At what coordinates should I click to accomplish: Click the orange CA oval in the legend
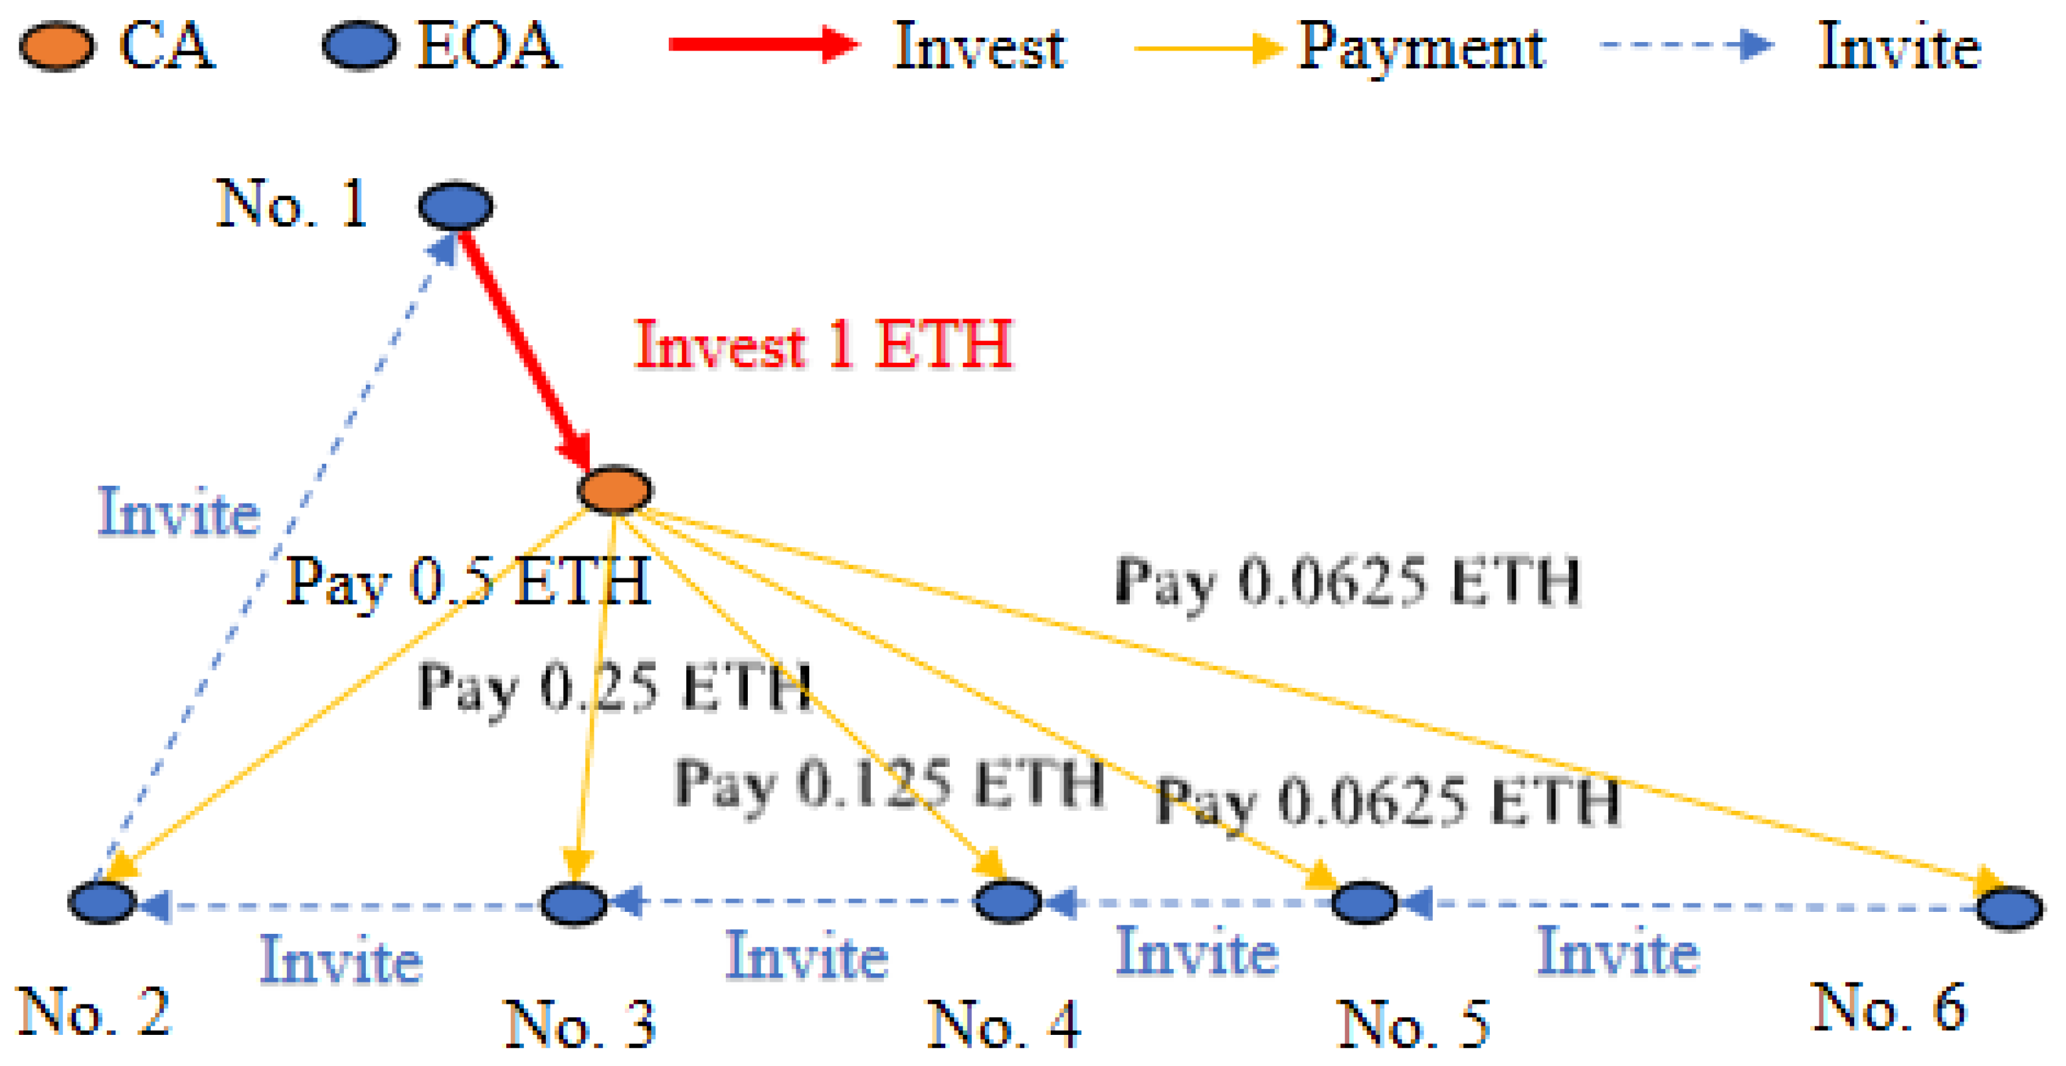click(x=57, y=47)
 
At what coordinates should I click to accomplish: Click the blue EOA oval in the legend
click(x=359, y=47)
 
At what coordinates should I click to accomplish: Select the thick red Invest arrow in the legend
click(x=762, y=44)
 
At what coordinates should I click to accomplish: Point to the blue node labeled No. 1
click(x=456, y=205)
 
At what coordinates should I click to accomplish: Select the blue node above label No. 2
click(x=102, y=902)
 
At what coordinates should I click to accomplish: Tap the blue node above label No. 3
click(x=574, y=903)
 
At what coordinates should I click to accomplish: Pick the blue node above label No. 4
click(x=1007, y=901)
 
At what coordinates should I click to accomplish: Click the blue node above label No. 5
click(x=1364, y=902)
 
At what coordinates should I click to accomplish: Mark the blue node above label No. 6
click(x=2010, y=908)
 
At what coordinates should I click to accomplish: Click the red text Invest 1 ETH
click(x=823, y=345)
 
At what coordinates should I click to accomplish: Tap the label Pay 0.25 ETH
click(x=614, y=687)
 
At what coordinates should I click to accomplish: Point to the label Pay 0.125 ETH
click(x=889, y=783)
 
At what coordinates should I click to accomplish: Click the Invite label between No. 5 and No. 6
click(x=1619, y=951)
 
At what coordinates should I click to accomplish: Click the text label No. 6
click(x=1889, y=1008)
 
